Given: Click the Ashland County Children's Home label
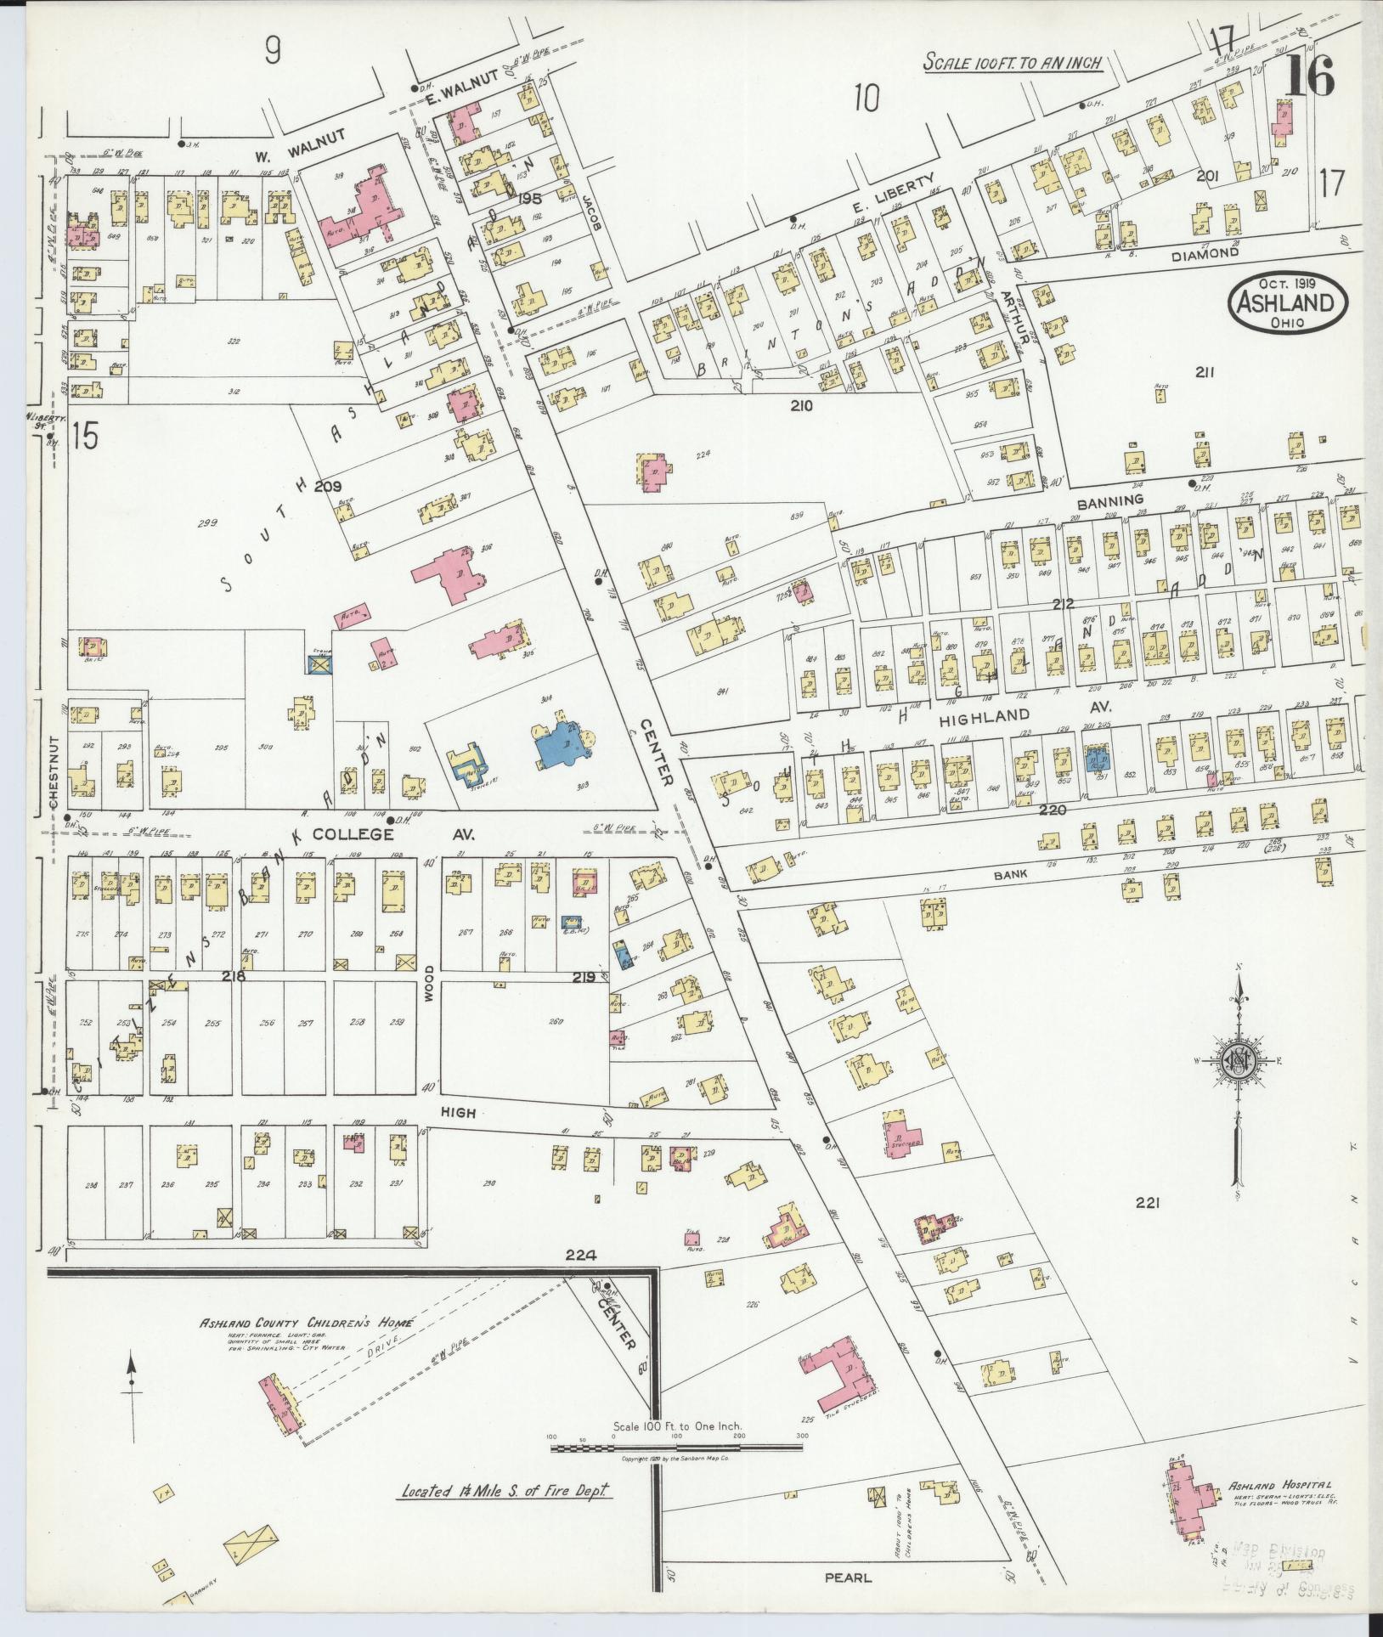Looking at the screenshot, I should [x=305, y=1324].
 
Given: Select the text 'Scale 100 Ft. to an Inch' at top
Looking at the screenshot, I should [x=1013, y=62].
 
